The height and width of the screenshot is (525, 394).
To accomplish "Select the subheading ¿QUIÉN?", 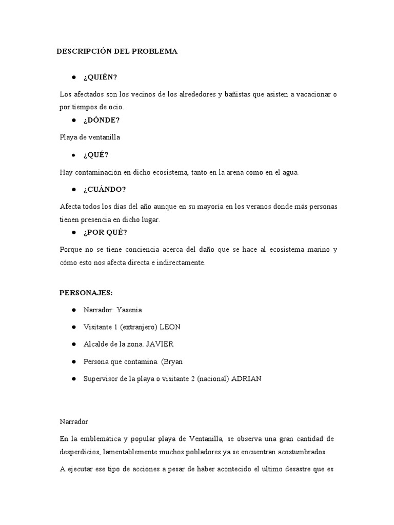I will (x=100, y=77).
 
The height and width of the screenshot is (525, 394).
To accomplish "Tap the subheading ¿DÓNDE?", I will (x=102, y=120).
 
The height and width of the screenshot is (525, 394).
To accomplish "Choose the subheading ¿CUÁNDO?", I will (x=105, y=189).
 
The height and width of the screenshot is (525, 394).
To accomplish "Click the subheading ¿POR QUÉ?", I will (x=105, y=232).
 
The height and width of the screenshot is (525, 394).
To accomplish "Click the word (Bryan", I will (x=172, y=361).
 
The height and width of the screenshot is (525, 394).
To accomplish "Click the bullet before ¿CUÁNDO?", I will (x=74, y=189).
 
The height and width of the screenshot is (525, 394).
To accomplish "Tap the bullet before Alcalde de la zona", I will (x=74, y=345).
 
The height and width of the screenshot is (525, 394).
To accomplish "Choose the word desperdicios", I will (x=80, y=452).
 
